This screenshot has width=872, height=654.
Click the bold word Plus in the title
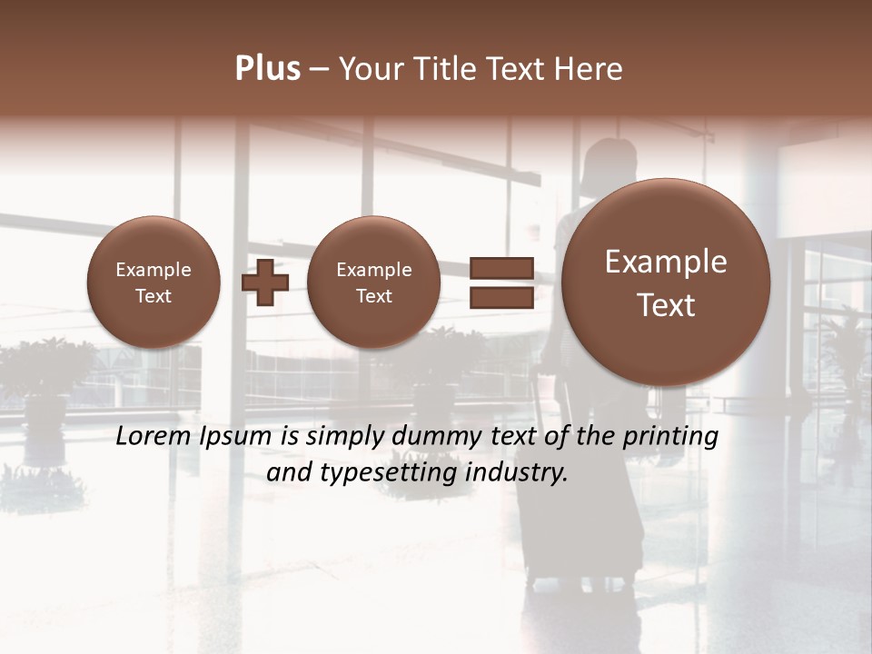[x=267, y=69]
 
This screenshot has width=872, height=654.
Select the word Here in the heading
[x=589, y=69]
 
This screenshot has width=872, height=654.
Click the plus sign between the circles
[x=265, y=282]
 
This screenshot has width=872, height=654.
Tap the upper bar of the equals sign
[x=500, y=268]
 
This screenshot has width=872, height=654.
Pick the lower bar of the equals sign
[x=500, y=298]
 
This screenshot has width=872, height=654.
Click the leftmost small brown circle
[x=154, y=282]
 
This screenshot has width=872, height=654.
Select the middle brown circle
[x=373, y=282]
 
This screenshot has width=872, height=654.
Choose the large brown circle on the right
[x=666, y=282]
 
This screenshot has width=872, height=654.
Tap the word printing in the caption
[x=670, y=437]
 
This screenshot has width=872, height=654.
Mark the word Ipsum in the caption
[x=238, y=437]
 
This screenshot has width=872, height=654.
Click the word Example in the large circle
[x=666, y=262]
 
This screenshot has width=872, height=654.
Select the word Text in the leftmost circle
[x=154, y=296]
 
